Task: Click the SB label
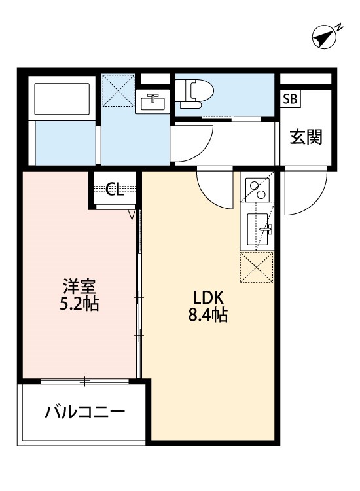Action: [290, 100]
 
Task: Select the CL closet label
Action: [115, 190]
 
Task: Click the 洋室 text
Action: [80, 286]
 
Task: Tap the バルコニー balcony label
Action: [84, 412]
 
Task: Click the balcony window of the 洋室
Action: [86, 380]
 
